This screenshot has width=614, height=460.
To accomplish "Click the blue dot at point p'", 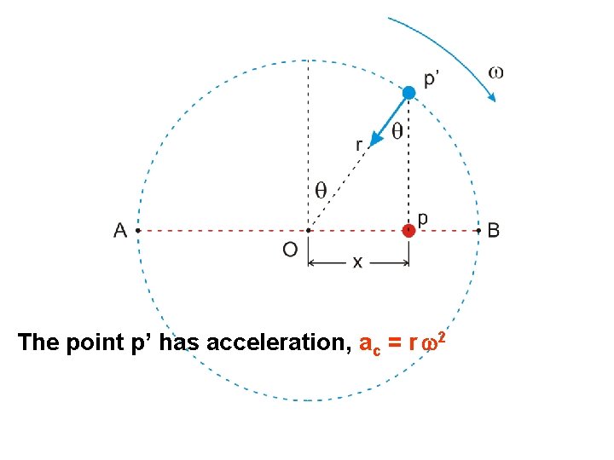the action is [x=409, y=92].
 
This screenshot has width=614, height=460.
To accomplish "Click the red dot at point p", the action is [x=409, y=229].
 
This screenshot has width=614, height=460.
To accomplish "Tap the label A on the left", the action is [x=120, y=230].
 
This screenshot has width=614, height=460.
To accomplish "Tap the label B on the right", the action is [x=494, y=230].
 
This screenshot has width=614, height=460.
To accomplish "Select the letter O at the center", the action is [x=290, y=250].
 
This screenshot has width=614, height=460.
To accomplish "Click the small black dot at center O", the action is [x=308, y=229].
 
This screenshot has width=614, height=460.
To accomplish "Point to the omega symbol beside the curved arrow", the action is [x=495, y=72].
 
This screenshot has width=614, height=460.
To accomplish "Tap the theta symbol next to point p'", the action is [x=397, y=131].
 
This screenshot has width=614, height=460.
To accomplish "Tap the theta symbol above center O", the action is [x=321, y=190].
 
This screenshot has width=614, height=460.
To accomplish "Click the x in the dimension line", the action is [x=357, y=262].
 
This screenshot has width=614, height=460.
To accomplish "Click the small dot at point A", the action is [x=138, y=229].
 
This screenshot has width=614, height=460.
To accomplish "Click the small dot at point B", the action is [x=478, y=229].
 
